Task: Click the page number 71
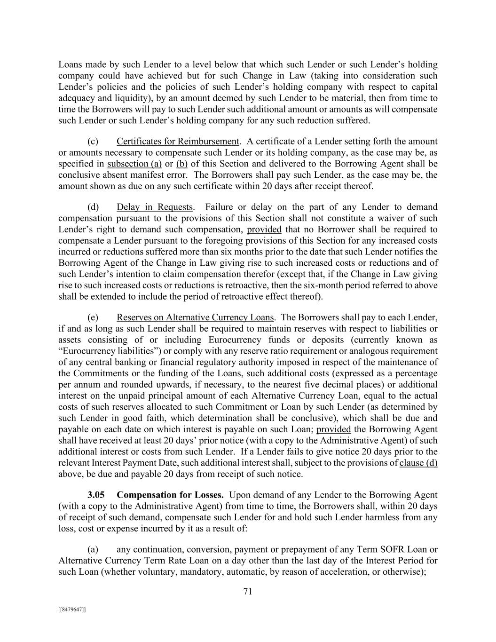pyautogui.click(x=248, y=592)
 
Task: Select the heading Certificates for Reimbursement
pyautogui.click(x=178, y=142)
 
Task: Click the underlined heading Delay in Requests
pyautogui.click(x=155, y=207)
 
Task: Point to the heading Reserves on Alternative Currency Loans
pyautogui.click(x=196, y=317)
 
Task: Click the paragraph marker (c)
pyautogui.click(x=93, y=142)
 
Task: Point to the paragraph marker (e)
pyautogui.click(x=93, y=317)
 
